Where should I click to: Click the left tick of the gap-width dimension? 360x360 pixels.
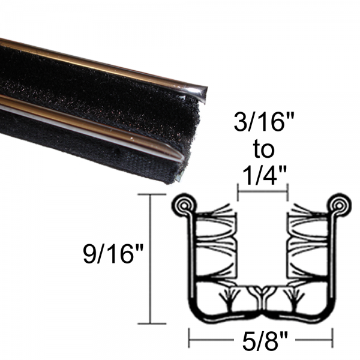pyautogui.click(x=238, y=193)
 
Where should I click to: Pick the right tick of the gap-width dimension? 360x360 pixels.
pyautogui.click(x=289, y=193)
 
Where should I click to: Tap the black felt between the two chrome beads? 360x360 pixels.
pyautogui.click(x=90, y=90)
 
